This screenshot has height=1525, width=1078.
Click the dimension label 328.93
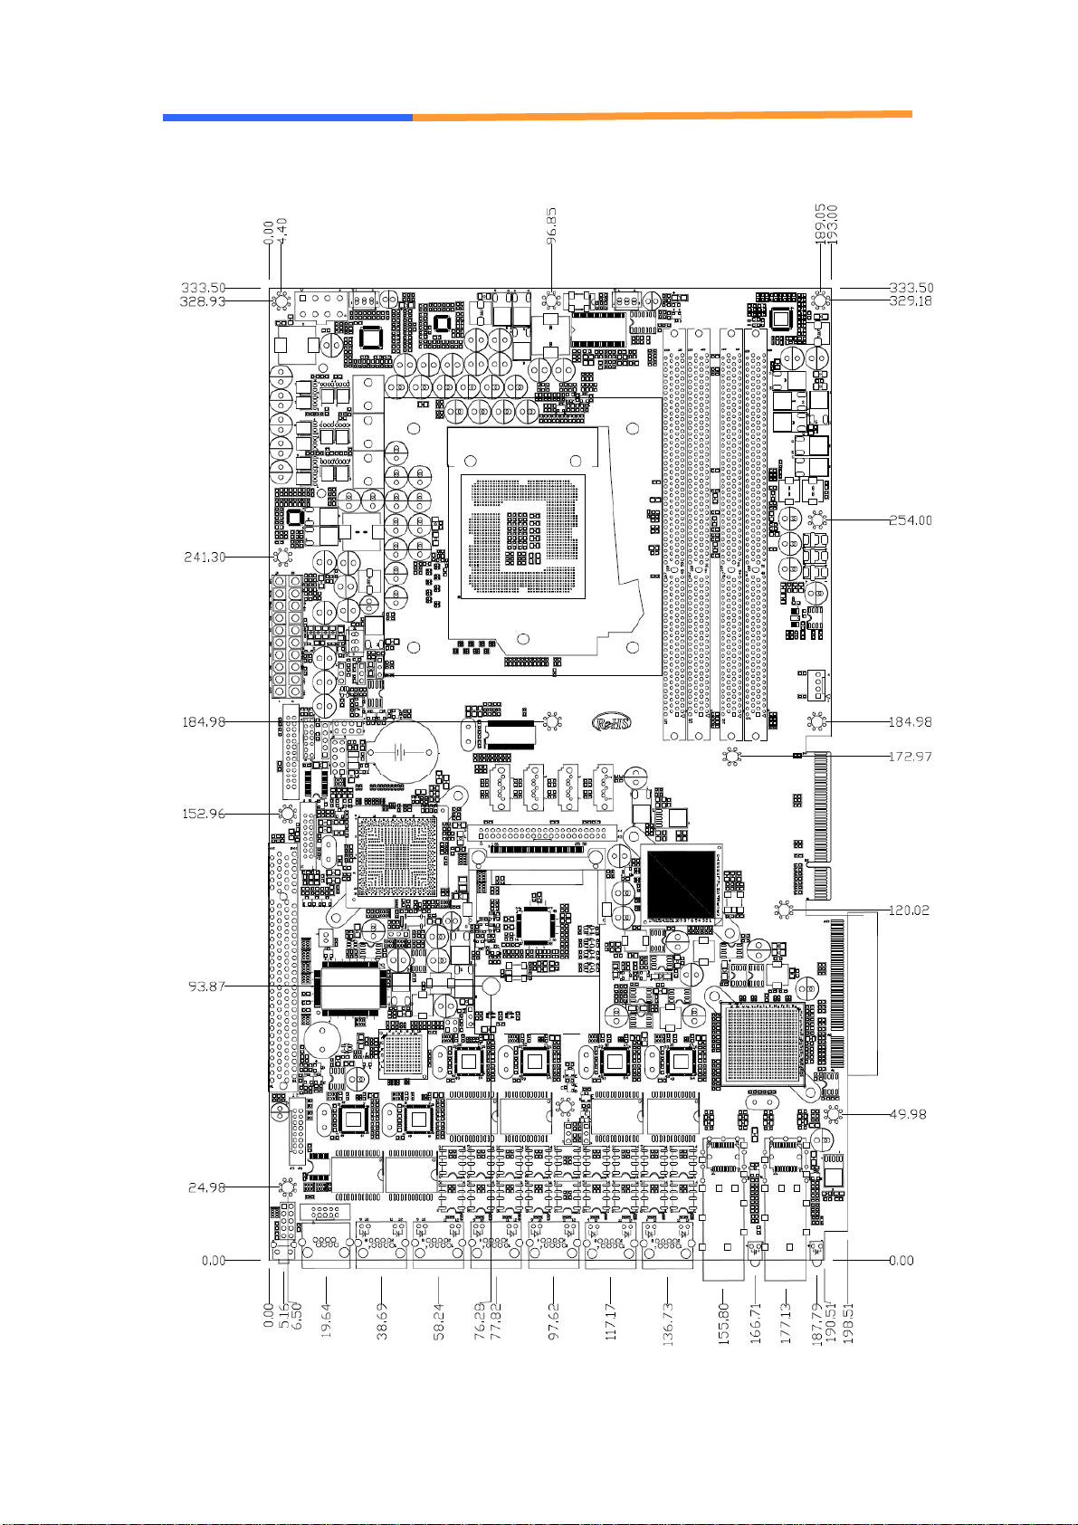(202, 301)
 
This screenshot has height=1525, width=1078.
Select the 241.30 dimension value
(205, 558)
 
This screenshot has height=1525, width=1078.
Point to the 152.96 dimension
(204, 814)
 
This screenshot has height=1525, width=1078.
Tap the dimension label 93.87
(206, 986)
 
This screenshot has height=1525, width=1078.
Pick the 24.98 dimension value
(206, 1187)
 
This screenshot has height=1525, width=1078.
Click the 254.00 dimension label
(910, 520)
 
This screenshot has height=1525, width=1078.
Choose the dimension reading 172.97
(910, 757)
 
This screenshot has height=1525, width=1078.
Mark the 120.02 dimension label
(910, 910)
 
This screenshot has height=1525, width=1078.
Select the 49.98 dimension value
(908, 1114)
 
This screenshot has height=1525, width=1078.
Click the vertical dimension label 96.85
(552, 227)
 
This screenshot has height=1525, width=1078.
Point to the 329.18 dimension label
(910, 301)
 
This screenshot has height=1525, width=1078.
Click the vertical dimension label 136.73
(668, 1322)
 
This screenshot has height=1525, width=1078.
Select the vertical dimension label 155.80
(724, 1323)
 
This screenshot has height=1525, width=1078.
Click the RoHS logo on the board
(611, 722)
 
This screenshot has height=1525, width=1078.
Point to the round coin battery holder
(401, 752)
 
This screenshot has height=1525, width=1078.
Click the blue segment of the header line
(287, 118)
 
